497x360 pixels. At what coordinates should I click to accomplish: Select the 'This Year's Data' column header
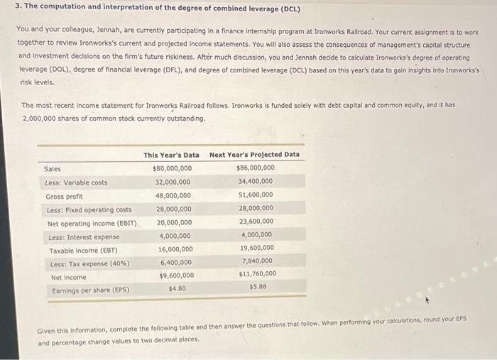(171, 155)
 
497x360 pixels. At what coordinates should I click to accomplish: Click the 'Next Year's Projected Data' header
(254, 154)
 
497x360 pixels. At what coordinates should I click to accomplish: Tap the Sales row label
(53, 169)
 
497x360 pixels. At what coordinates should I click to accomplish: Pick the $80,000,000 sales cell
(172, 169)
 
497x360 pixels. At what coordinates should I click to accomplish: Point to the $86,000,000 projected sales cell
(256, 168)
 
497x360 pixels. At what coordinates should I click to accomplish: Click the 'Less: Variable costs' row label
(77, 182)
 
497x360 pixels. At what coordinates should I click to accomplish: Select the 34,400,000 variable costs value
(256, 181)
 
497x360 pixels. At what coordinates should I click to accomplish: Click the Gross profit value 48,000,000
(173, 196)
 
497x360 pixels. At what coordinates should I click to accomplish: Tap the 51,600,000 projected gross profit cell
(256, 195)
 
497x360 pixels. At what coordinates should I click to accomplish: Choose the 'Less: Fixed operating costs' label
(89, 209)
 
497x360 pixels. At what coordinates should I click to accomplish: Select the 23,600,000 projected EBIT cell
(256, 221)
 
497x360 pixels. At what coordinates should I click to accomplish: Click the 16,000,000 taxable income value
(174, 249)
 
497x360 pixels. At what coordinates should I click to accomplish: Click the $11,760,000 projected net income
(257, 273)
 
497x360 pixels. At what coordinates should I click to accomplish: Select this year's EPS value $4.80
(177, 289)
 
